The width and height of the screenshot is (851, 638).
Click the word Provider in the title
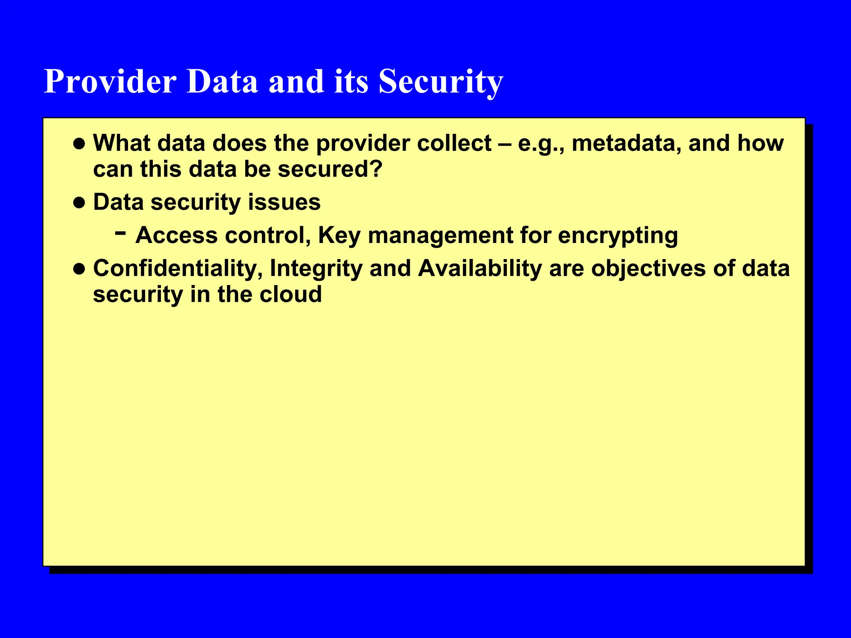tap(110, 81)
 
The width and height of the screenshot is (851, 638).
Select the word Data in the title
tap(222, 81)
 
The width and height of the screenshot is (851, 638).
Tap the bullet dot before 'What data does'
tap(79, 144)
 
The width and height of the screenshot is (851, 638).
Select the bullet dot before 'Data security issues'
tap(79, 203)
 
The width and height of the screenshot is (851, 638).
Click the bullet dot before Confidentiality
tap(79, 269)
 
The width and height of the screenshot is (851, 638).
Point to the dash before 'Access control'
tap(121, 233)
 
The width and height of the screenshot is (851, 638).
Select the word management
tap(440, 236)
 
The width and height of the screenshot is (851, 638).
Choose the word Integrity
tap(316, 268)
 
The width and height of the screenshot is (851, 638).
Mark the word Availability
tap(480, 268)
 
